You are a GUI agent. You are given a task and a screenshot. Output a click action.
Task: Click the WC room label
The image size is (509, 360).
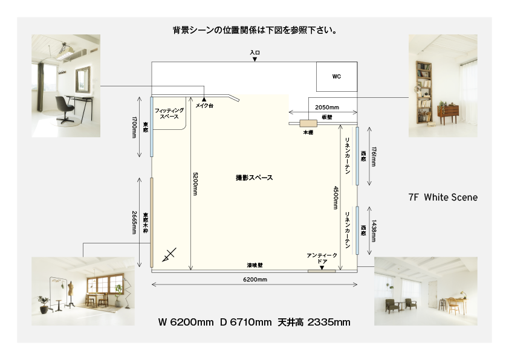coord(336,77)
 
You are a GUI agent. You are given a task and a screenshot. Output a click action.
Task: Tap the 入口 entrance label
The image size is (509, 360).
coord(255,53)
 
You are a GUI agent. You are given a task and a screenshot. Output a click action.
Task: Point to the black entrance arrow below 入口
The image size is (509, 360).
coord(255,59)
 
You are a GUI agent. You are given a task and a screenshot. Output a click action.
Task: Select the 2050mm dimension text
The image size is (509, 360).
coord(326,107)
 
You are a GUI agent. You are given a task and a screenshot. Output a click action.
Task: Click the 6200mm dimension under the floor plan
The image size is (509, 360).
coord(255,279)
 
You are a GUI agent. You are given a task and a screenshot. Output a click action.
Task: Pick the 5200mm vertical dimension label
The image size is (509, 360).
coord(195,184)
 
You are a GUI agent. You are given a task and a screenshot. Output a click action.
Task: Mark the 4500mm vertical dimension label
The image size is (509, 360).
coord(336,198)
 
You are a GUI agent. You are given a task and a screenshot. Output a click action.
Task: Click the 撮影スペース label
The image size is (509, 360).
coord(254,178)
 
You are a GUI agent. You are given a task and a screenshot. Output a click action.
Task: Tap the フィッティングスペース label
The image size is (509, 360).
coord(169,114)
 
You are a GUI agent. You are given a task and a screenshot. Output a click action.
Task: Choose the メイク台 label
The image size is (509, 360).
coord(204,106)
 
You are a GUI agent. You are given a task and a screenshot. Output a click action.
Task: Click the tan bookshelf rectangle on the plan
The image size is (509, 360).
coord(308,123)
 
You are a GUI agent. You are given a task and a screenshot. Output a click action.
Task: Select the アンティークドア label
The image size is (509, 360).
coord(322,258)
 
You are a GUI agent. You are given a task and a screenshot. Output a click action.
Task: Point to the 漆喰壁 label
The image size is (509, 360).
coord(255,265)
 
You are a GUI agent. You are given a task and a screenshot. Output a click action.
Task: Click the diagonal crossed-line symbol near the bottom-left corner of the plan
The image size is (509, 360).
coord(169,254)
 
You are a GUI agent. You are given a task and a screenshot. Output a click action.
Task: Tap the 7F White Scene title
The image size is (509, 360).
coord(443,197)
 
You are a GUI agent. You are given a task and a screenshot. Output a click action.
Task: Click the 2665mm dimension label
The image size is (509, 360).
coord(134,222)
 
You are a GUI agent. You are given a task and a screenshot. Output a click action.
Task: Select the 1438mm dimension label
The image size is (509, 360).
coord(374,231)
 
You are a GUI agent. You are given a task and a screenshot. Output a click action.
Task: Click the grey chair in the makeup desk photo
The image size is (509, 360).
coord(64,109)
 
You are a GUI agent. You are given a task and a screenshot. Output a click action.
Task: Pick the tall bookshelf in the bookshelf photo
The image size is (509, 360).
coord(424,92)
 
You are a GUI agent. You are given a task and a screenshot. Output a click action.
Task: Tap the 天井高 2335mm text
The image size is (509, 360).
coord(314,322)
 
